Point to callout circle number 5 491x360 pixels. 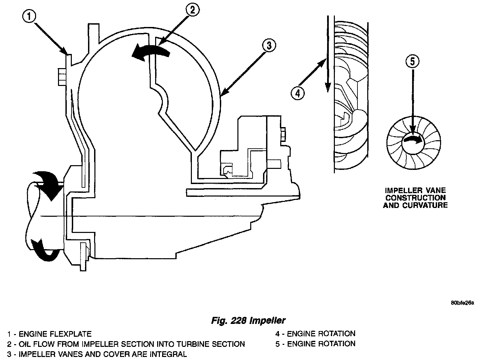tap(414, 61)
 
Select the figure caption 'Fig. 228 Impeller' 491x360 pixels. tap(248, 320)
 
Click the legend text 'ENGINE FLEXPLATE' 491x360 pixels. tap(55, 334)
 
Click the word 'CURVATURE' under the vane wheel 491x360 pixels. tap(415, 205)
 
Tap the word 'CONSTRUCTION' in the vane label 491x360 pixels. tap(415, 198)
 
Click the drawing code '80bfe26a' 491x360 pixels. tap(462, 303)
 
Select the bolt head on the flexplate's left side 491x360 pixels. tap(62, 77)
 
